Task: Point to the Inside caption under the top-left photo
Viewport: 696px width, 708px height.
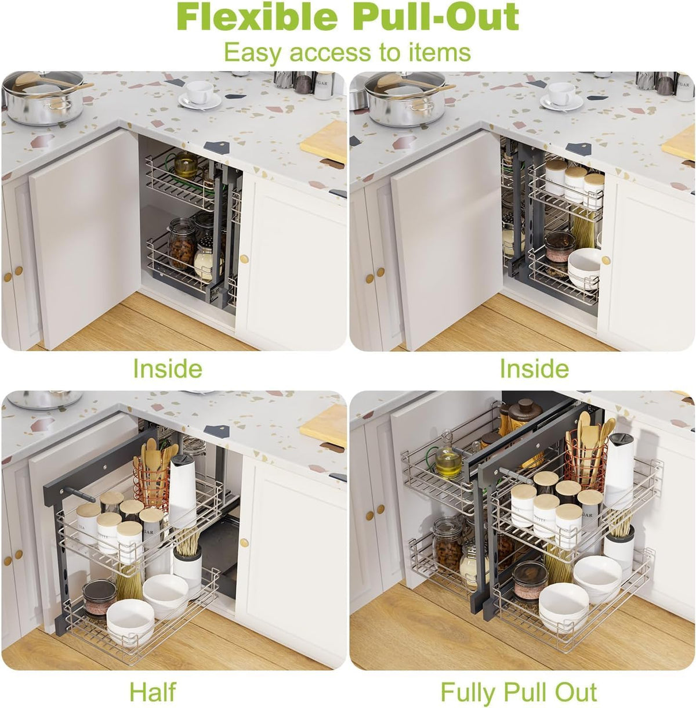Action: click(x=167, y=368)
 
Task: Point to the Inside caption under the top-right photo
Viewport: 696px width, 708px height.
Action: click(x=534, y=368)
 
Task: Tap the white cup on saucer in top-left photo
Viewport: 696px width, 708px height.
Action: click(x=200, y=96)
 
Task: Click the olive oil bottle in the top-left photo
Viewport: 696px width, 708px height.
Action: click(x=186, y=165)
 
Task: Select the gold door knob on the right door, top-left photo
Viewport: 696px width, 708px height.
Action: click(x=244, y=259)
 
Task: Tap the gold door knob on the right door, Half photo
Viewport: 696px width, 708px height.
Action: click(x=244, y=543)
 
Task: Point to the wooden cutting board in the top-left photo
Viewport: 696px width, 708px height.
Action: click(x=324, y=142)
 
